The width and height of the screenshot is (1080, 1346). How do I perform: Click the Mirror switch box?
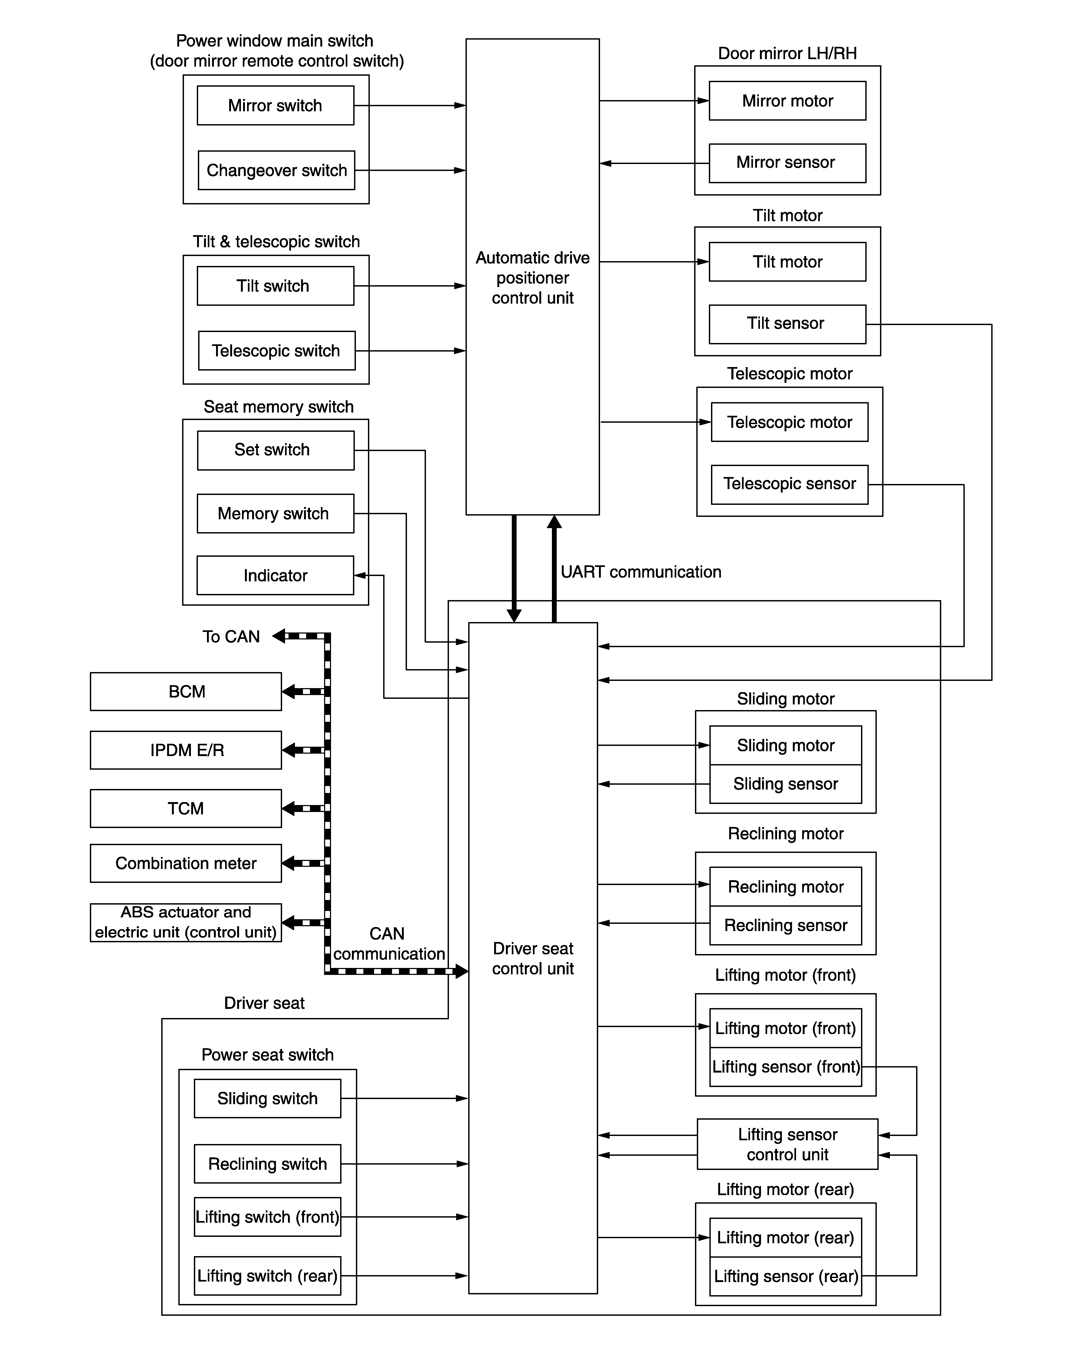(275, 105)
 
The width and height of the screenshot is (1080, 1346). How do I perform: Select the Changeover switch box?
(276, 170)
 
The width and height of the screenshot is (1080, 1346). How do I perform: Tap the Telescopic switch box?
(276, 351)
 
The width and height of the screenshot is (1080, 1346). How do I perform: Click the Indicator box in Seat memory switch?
(275, 575)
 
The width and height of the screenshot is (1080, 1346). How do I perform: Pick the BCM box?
(186, 692)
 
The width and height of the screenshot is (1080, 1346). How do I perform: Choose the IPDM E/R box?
(186, 750)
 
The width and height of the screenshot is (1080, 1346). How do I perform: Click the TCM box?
(186, 809)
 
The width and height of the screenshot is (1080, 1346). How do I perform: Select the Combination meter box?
(186, 863)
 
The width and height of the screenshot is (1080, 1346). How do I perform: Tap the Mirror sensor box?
(787, 163)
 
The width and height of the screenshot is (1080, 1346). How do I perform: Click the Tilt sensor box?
(787, 324)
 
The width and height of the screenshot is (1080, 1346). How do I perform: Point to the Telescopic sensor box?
(790, 485)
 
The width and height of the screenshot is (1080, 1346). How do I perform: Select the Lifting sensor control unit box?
(787, 1144)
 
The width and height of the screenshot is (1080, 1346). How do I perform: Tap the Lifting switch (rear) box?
(268, 1276)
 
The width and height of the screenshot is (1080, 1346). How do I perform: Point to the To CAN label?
(231, 637)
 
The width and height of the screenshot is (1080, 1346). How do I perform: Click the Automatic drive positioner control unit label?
(533, 278)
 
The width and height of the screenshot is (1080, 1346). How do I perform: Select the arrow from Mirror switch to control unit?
(410, 105)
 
